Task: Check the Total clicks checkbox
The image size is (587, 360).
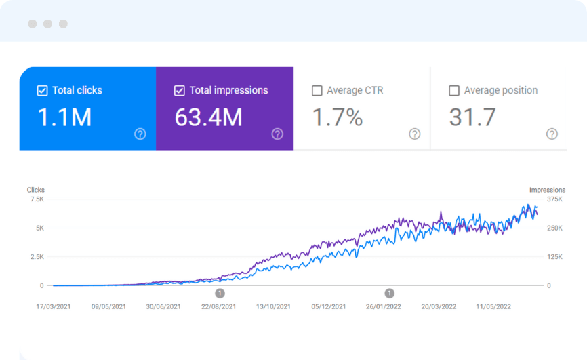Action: pos(42,91)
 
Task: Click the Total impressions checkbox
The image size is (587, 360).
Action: pos(180,91)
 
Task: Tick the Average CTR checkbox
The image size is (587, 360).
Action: pos(317,91)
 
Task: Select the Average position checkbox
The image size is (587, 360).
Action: pos(454,91)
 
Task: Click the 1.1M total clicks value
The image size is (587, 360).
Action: pos(64,118)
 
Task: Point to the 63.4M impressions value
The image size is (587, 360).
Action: pos(208,118)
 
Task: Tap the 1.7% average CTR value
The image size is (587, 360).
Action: pos(338,118)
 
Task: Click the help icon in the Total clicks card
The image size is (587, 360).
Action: pos(140,134)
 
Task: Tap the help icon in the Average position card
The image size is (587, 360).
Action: pos(552,134)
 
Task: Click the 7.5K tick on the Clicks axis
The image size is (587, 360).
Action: pos(37,199)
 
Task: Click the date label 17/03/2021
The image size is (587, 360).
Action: pos(54,306)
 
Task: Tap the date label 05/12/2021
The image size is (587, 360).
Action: pos(329,306)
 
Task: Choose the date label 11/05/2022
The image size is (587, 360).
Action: pos(493,306)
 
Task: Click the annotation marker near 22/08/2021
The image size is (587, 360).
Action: pos(220,294)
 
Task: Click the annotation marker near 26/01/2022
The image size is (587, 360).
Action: pos(389,294)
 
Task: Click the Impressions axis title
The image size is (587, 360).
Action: pos(543,190)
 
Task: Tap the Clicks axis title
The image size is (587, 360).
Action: pos(36,190)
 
